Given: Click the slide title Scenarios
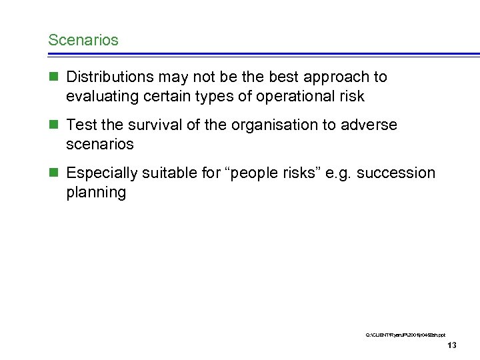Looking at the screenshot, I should [x=83, y=40].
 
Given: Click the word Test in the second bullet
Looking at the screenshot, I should [x=81, y=125].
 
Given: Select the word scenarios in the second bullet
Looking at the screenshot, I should [x=100, y=144].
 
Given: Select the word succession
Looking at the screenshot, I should [x=396, y=173].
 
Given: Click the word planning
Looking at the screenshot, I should [x=96, y=193].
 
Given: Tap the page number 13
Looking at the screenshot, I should [x=452, y=345].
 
